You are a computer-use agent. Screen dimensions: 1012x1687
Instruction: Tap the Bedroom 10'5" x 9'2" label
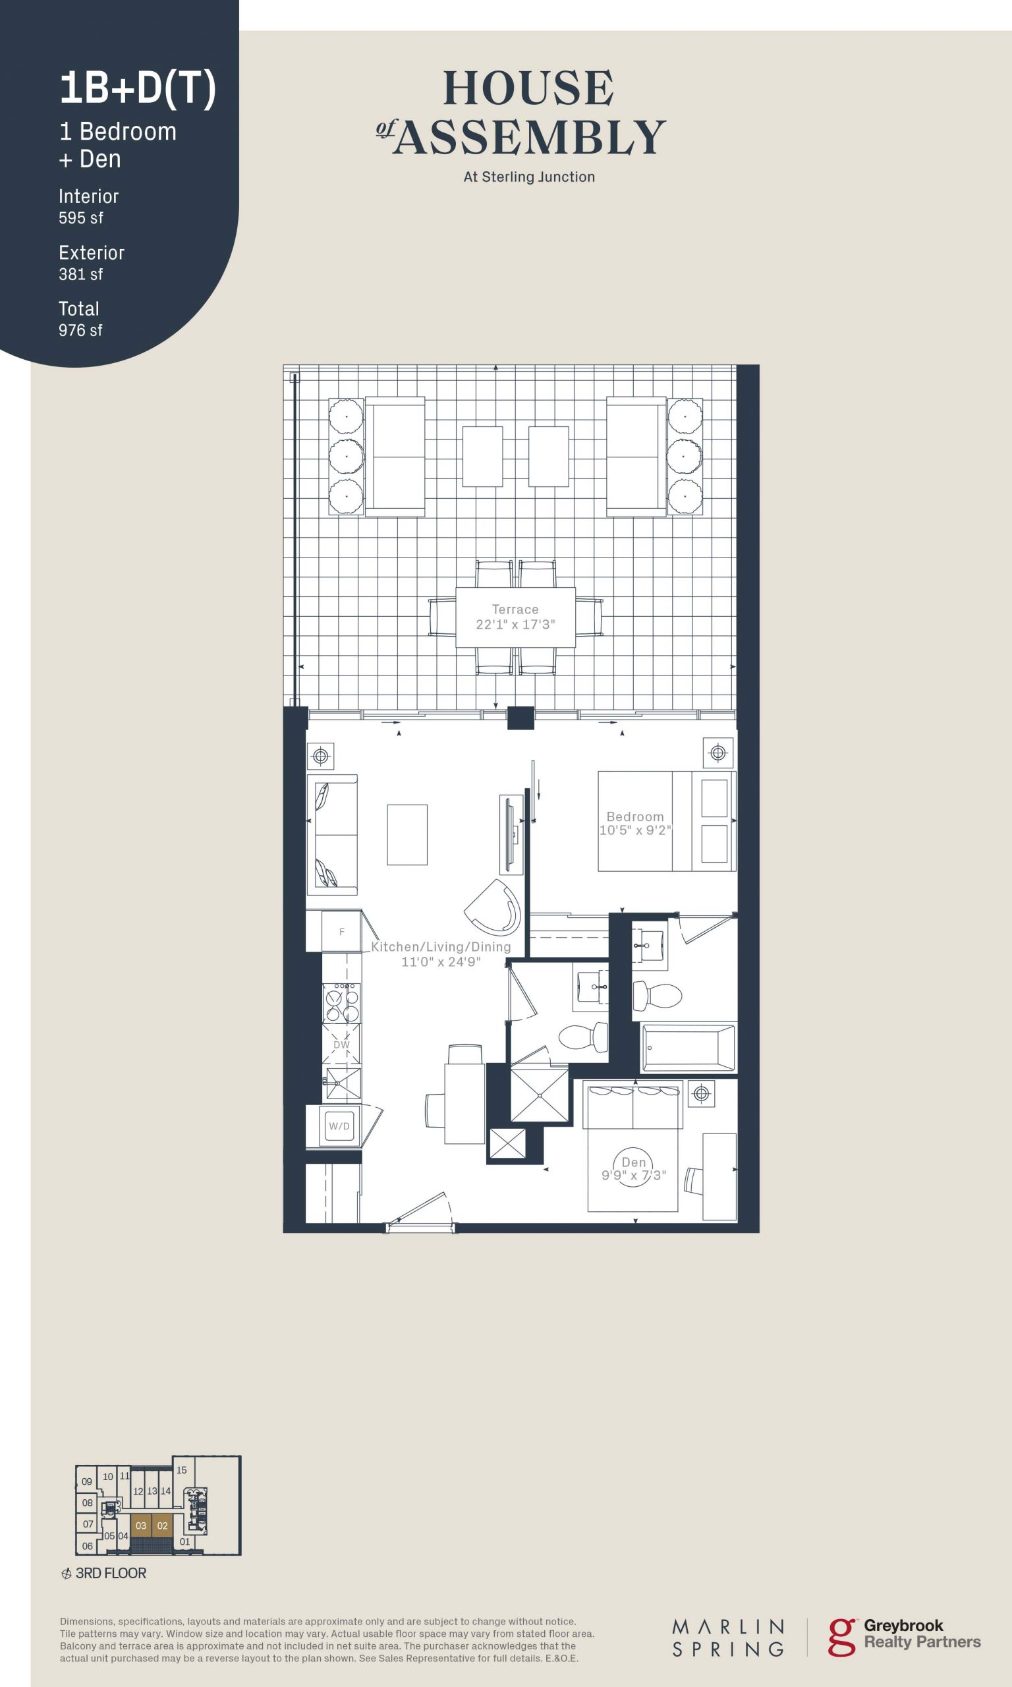click(635, 823)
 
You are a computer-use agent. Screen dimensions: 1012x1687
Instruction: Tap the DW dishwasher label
click(341, 1044)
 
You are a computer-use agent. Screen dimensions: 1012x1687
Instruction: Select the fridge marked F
click(333, 930)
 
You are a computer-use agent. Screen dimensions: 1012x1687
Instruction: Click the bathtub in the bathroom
click(688, 1046)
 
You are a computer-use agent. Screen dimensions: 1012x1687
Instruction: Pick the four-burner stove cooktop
click(342, 1002)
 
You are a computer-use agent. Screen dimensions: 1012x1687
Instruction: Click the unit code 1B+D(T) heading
click(138, 89)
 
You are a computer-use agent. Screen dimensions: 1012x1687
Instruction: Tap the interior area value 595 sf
click(80, 217)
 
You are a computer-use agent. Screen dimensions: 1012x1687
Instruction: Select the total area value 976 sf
click(80, 330)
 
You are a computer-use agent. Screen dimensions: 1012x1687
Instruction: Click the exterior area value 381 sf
click(80, 274)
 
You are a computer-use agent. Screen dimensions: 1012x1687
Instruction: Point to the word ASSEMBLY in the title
click(529, 137)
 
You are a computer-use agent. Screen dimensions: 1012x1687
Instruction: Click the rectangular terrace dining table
click(515, 617)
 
